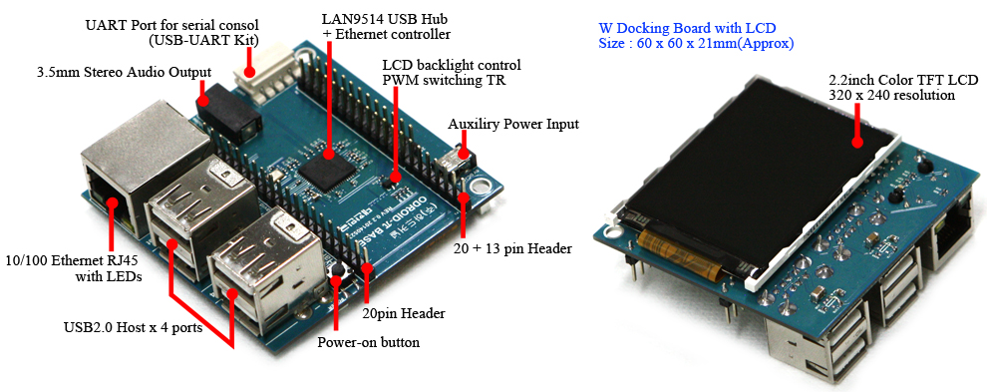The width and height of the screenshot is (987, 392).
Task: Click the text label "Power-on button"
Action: (368, 343)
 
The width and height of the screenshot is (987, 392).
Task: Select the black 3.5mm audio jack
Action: (223, 115)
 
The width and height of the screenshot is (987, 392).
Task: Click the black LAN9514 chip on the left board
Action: (328, 164)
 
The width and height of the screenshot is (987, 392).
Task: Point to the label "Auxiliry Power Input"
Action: (513, 125)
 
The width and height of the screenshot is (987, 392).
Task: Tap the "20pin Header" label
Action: (404, 312)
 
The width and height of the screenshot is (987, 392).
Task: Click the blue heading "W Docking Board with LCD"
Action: (687, 28)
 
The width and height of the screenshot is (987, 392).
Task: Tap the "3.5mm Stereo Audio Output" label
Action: (124, 72)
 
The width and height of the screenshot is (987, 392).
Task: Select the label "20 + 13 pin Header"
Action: (512, 249)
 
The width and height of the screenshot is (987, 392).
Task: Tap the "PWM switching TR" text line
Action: (443, 80)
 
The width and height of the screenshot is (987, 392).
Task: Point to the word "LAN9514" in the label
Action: (349, 18)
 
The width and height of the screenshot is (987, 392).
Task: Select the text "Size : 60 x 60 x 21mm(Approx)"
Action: (696, 44)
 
